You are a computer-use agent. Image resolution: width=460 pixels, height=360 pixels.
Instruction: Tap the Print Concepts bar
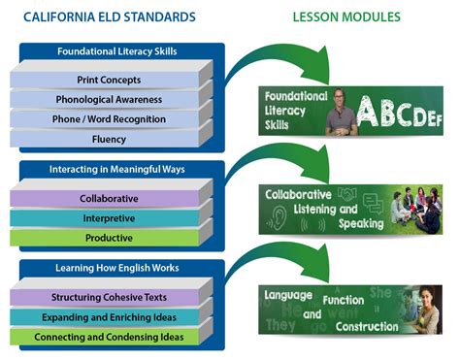pos(109,80)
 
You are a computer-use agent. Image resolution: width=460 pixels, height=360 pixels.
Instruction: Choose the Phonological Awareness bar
pos(109,99)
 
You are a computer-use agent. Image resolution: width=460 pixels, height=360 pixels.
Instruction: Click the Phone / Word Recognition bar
pos(109,119)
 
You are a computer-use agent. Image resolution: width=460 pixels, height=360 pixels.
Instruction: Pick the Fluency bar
pos(109,140)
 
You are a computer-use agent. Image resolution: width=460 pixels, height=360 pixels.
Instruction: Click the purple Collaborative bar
pos(109,198)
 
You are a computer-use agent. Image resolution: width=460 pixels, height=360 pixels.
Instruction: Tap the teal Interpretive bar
pos(109,218)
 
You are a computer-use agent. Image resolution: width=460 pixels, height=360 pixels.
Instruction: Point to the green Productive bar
pos(109,238)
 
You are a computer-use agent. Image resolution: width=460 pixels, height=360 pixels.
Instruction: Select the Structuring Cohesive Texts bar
pos(109,297)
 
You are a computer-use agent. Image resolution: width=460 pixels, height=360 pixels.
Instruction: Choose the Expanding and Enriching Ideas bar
pos(109,317)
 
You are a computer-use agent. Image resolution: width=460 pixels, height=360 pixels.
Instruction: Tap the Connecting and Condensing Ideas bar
pos(109,337)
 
